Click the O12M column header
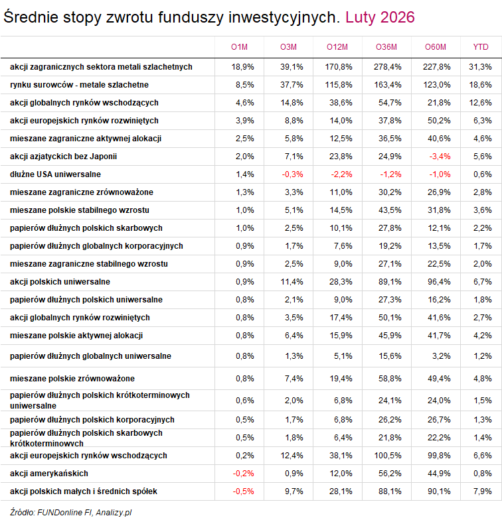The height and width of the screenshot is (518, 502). pos(338,46)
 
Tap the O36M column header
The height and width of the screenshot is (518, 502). pos(386,46)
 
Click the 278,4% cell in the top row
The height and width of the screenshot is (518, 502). pos(386,67)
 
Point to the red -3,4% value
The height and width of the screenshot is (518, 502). pos(436,157)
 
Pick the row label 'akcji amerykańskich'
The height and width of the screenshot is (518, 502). pos(49,474)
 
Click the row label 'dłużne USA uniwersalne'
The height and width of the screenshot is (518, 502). pos(55,174)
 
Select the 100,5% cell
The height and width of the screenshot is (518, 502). pos(386,456)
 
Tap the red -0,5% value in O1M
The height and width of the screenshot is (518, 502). pos(243,491)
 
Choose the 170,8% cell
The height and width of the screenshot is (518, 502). pos(339,67)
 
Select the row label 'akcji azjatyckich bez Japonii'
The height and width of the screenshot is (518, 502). pos(64,157)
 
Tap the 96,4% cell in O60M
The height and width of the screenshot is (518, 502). pos(436,282)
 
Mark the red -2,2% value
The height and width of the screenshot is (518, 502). pos(339,174)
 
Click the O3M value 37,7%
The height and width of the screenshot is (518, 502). pos(292,85)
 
